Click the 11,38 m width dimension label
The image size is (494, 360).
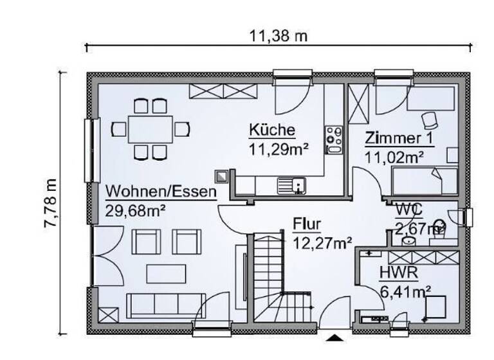coord(279,36)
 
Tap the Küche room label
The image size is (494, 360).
coord(272,131)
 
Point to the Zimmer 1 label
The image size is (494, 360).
coord(398,138)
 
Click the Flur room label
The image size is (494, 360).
coord(307,224)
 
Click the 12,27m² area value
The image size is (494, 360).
coord(322,242)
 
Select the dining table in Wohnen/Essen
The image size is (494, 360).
coord(151,129)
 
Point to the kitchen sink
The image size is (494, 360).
coord(291,186)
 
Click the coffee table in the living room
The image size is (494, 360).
coord(165,274)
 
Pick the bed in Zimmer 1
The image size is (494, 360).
coord(425,181)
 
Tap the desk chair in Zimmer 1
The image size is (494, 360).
coord(429,120)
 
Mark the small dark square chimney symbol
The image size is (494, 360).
coord(222,175)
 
